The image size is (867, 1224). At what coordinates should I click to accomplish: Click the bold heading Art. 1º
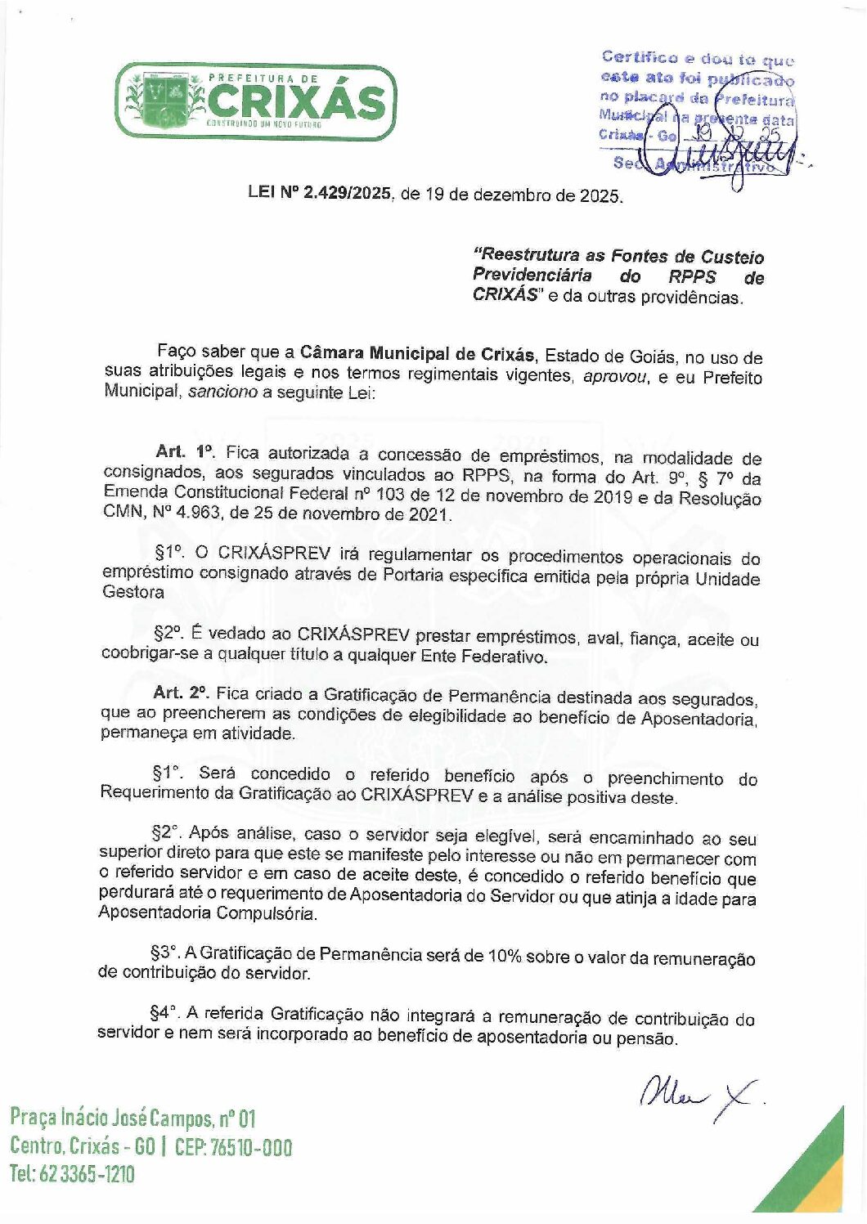click(184, 452)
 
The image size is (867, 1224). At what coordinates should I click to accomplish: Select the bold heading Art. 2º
click(181, 693)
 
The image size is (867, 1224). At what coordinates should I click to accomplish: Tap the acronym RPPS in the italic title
click(691, 276)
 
